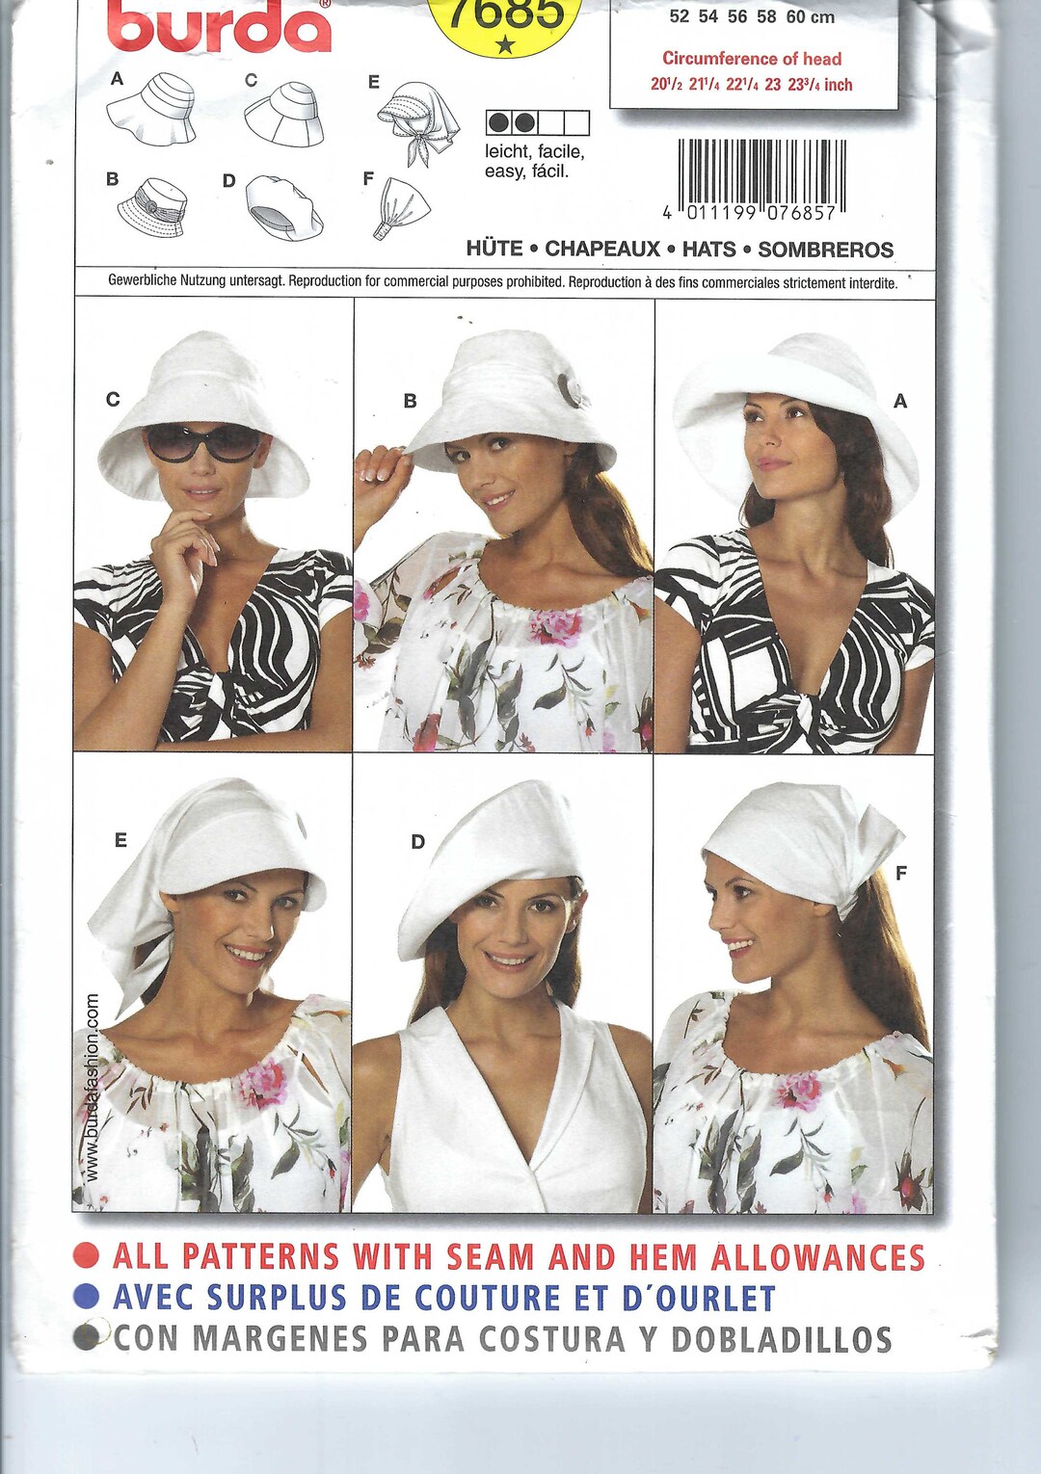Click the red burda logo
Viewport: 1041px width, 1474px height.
point(219,27)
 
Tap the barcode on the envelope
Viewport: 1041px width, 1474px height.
point(761,175)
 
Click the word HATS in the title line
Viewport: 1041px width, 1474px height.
point(708,250)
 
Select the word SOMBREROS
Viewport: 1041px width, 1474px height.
point(825,250)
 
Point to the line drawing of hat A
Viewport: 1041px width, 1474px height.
point(153,110)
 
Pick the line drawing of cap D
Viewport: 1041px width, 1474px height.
point(283,208)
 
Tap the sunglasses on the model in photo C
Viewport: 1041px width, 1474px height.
point(203,443)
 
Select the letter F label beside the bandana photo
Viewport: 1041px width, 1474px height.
point(900,873)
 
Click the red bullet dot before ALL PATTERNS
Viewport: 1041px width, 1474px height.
point(87,1255)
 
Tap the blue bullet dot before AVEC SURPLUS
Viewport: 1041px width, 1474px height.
point(87,1296)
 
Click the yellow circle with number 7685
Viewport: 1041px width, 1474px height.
point(505,21)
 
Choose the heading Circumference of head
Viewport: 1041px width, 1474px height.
point(752,59)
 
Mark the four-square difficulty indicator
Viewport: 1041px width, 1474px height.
point(537,123)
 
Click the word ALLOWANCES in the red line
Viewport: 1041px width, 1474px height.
point(817,1257)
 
